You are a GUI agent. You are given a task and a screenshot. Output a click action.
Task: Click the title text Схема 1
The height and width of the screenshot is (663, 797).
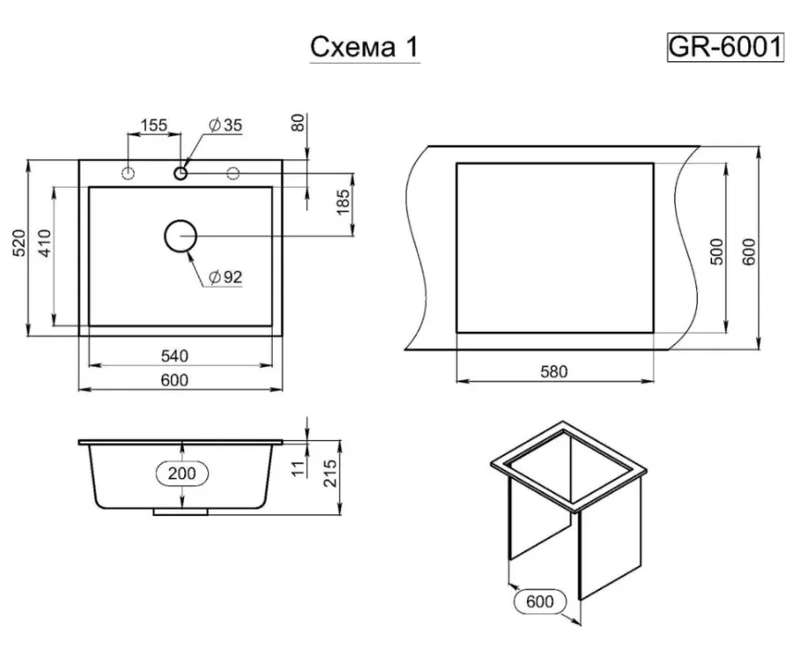tap(365, 47)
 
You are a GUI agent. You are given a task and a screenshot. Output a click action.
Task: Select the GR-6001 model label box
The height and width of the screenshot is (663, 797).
tap(725, 47)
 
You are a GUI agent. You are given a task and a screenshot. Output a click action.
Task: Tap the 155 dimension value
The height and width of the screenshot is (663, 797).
tap(153, 125)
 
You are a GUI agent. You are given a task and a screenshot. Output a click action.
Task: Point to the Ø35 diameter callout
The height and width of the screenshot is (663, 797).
tap(225, 125)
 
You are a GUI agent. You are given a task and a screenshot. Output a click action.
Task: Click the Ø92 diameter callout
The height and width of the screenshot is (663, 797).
tap(225, 277)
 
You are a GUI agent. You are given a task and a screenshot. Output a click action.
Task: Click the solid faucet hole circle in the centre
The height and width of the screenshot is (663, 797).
tap(181, 173)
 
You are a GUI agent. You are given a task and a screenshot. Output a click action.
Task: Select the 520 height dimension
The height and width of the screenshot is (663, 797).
tap(19, 243)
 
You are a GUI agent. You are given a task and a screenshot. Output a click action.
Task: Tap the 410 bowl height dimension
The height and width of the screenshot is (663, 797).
tap(45, 243)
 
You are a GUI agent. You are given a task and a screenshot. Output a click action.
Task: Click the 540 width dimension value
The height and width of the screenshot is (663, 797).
tap(174, 356)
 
